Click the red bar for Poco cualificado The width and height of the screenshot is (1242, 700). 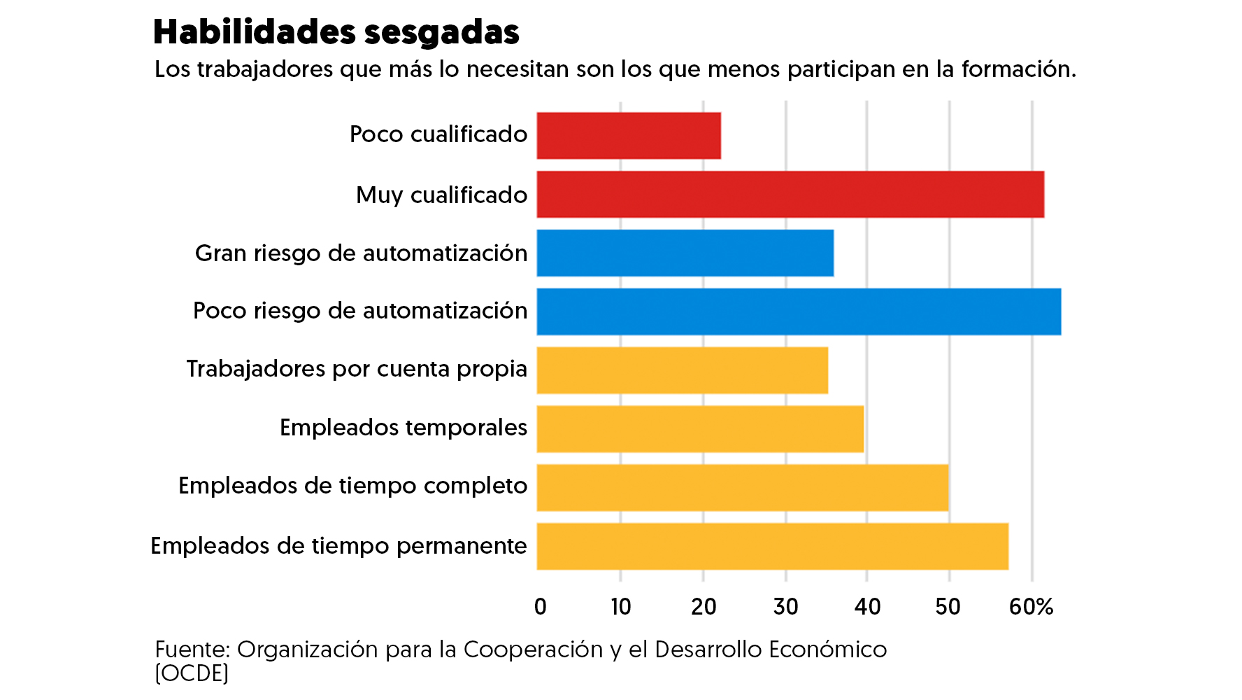[629, 136]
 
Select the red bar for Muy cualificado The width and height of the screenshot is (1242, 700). [790, 195]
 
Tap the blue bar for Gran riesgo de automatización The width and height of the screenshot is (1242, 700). [685, 253]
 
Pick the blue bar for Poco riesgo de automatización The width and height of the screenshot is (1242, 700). [799, 311]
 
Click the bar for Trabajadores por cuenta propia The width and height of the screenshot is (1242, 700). [682, 370]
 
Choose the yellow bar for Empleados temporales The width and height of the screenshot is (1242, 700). [700, 428]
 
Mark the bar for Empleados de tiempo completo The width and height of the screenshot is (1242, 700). [742, 487]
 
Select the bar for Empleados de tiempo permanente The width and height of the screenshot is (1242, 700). [772, 546]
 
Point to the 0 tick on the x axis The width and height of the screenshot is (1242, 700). [540, 606]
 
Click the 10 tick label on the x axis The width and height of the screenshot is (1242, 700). [620, 606]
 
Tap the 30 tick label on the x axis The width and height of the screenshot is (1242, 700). [785, 606]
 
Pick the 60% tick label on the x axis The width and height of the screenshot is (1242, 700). [1031, 606]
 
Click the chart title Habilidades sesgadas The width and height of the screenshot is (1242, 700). [336, 32]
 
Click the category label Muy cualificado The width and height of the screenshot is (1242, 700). [441, 195]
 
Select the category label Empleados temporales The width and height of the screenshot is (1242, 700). [404, 427]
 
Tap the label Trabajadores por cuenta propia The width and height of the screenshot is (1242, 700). [357, 369]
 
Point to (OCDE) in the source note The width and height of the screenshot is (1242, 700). [192, 673]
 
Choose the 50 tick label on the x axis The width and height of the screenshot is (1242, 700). [948, 606]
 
